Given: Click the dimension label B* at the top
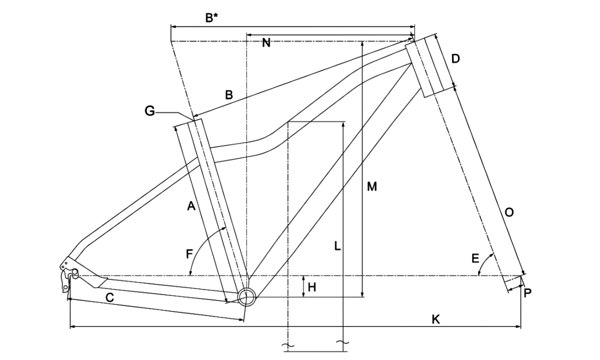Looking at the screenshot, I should pyautogui.click(x=212, y=18).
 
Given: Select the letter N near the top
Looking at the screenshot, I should pyautogui.click(x=266, y=43).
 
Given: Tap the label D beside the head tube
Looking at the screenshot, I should pyautogui.click(x=455, y=58).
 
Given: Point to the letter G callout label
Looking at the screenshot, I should pyautogui.click(x=149, y=111).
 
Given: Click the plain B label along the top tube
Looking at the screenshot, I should pyautogui.click(x=228, y=95).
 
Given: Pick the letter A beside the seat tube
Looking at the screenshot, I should pyautogui.click(x=190, y=205).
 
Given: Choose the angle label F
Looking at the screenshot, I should pyautogui.click(x=189, y=254).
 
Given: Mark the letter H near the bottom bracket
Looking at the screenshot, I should pyautogui.click(x=312, y=287).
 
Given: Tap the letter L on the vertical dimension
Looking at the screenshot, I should pyautogui.click(x=337, y=246).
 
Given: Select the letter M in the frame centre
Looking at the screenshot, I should pyautogui.click(x=371, y=187).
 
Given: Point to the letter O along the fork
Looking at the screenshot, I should pyautogui.click(x=509, y=212).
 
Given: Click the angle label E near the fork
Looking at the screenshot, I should pyautogui.click(x=475, y=258).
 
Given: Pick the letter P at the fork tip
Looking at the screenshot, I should pyautogui.click(x=528, y=293).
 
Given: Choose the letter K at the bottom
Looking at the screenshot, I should pyautogui.click(x=436, y=319).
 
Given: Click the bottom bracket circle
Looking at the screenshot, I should pyautogui.click(x=246, y=296).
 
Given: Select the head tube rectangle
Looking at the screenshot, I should pyautogui.click(x=426, y=66).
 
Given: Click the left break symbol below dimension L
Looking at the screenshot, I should pyautogui.click(x=288, y=345).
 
